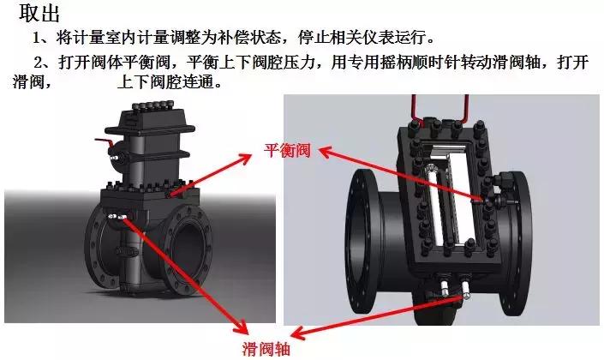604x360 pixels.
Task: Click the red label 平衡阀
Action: [285, 151]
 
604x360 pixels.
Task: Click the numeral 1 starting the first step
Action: [37, 39]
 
